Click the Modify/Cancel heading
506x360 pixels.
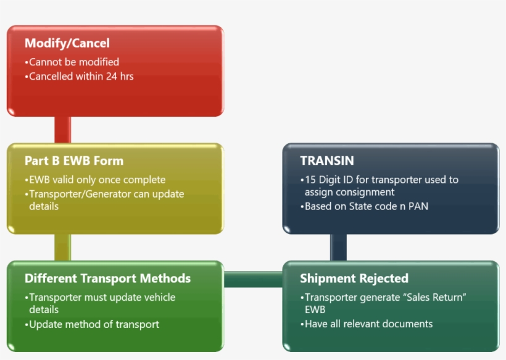[x=67, y=43]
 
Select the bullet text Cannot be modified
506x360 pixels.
[x=74, y=62]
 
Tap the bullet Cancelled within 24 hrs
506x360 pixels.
[x=81, y=77]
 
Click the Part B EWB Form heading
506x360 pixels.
[x=74, y=161]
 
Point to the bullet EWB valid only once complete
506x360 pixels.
[x=97, y=180]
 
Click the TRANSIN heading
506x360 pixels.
[x=327, y=161]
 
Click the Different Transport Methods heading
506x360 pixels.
[x=107, y=278]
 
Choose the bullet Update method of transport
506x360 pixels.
[x=94, y=324]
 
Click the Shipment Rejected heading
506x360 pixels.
[x=354, y=278]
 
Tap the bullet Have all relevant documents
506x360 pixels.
[x=368, y=324]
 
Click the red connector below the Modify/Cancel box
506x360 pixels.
[x=62, y=130]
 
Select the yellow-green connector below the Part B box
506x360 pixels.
[x=62, y=247]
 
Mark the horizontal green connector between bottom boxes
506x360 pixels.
[x=253, y=279]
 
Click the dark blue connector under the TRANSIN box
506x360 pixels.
[x=338, y=247]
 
